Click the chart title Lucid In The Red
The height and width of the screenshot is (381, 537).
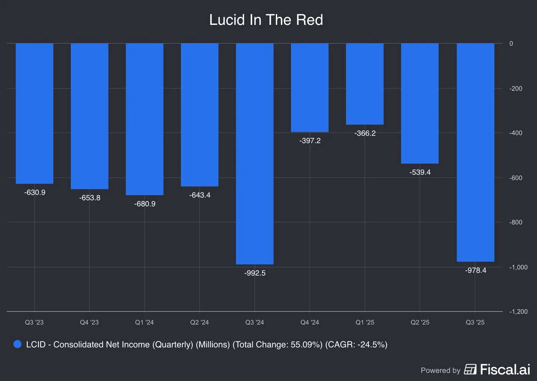(x=266, y=20)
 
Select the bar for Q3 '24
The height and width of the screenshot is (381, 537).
(x=255, y=154)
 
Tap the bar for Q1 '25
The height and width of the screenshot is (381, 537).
(x=365, y=84)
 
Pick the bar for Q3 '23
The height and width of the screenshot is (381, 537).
(x=35, y=113)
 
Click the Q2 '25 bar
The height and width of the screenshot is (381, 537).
(x=420, y=103)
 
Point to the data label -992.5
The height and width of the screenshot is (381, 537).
(x=255, y=273)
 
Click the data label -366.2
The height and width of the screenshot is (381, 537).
(x=365, y=133)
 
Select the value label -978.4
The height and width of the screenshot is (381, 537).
(x=476, y=270)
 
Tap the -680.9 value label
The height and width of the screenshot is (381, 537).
(x=145, y=204)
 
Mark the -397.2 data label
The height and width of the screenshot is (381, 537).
(x=310, y=141)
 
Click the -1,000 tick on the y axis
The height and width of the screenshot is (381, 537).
(x=518, y=267)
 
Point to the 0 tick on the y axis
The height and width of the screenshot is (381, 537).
(x=511, y=44)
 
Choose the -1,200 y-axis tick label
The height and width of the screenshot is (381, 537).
(x=518, y=312)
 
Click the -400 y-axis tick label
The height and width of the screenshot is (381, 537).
(x=516, y=133)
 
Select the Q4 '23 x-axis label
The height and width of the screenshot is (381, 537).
(x=89, y=323)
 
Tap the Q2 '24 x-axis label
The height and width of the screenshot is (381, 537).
(x=199, y=323)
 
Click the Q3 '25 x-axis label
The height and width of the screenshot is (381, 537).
(x=475, y=323)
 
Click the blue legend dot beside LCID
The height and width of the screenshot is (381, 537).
(x=17, y=344)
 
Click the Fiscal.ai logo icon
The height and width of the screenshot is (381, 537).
(x=470, y=370)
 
